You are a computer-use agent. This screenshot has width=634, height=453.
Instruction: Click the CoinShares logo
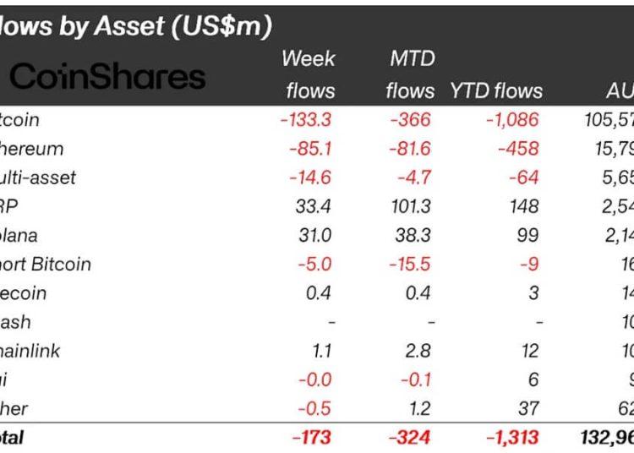pyautogui.click(x=107, y=76)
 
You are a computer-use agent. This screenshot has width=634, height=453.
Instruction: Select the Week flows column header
pyautogui.click(x=309, y=74)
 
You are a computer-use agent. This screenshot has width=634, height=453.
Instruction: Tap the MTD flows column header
pyautogui.click(x=410, y=74)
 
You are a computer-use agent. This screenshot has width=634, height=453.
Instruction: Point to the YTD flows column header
pyautogui.click(x=496, y=90)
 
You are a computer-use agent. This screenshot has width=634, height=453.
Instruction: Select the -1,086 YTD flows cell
pyautogui.click(x=511, y=120)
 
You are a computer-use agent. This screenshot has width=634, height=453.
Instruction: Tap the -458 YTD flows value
pyautogui.click(x=517, y=149)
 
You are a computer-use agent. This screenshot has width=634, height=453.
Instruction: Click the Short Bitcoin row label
pyautogui.click(x=46, y=264)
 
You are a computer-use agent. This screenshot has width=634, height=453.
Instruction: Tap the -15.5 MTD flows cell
pyautogui.click(x=407, y=264)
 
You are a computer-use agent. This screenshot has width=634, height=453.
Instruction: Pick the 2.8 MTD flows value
pyautogui.click(x=418, y=351)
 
